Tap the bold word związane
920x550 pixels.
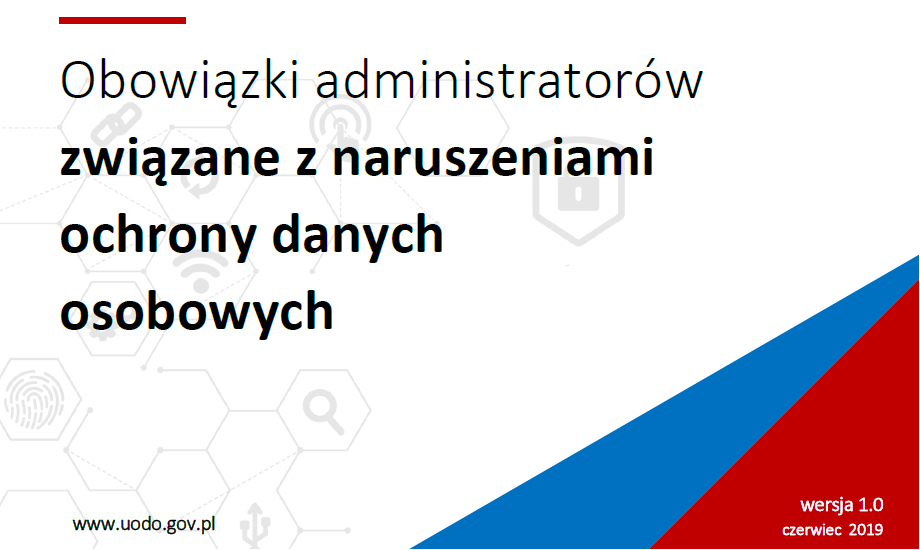coord(170,158)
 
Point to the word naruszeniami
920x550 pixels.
coord(493,156)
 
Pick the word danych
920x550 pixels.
coord(357,234)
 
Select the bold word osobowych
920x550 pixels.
coord(197,311)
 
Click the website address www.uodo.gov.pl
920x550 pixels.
coord(144,524)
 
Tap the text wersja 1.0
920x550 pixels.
coord(841,505)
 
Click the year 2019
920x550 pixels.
coord(865,529)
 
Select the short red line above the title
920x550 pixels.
coord(123,21)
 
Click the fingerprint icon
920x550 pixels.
coord(34,399)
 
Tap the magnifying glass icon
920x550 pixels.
coord(323,413)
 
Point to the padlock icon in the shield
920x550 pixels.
coord(578,191)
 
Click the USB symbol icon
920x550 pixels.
coord(256,524)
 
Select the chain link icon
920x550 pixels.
coord(116,124)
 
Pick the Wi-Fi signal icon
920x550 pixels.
coord(201,271)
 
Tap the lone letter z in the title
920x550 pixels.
coord(306,161)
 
